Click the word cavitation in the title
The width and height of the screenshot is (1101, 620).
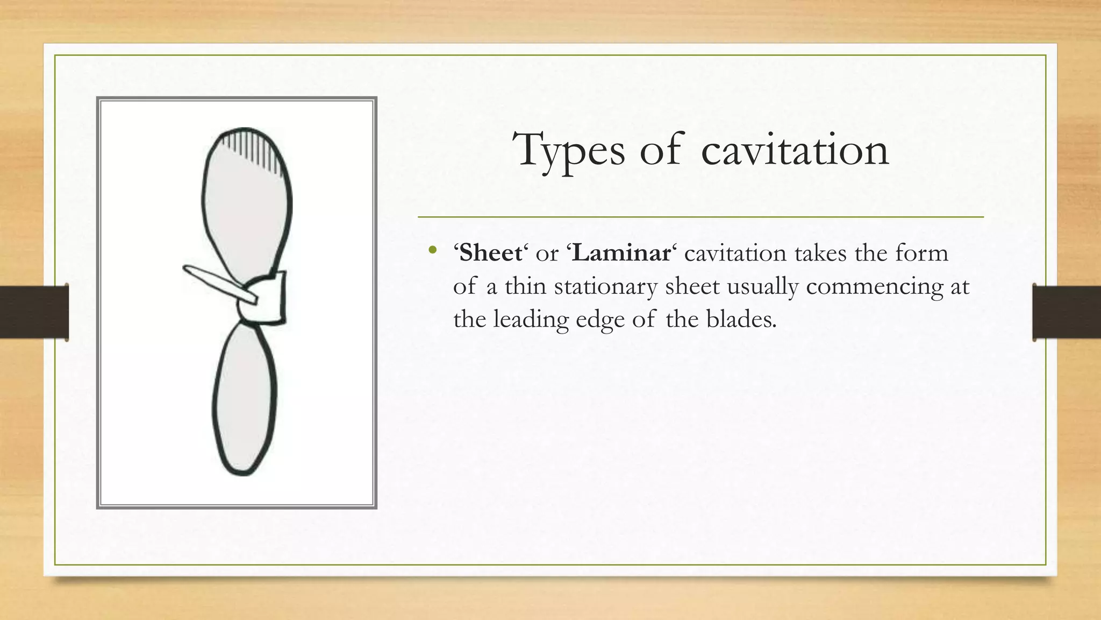795,150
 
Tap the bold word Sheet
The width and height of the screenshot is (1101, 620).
490,253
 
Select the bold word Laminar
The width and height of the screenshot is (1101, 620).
621,253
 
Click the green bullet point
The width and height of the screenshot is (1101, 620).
432,250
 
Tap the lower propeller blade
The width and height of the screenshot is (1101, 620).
245,398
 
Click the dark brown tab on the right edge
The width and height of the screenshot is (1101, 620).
1067,312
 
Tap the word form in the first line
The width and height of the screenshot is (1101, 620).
921,253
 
